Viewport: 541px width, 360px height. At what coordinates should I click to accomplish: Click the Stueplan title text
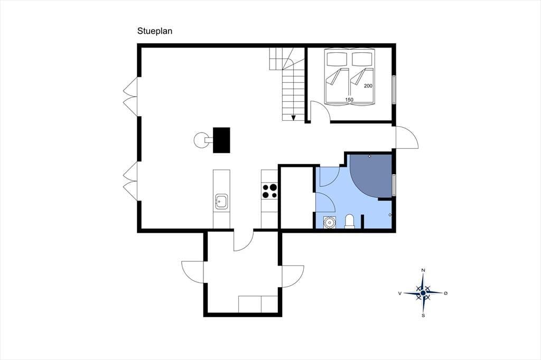[x=155, y=31]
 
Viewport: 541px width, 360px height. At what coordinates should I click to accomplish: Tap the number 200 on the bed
[x=368, y=86]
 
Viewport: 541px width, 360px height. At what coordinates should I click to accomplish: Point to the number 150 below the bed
[x=349, y=99]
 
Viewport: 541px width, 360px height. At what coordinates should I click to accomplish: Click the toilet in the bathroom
[x=349, y=221]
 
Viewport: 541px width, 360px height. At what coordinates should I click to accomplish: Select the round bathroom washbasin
[x=330, y=222]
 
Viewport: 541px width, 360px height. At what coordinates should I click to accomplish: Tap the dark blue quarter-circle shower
[x=371, y=174]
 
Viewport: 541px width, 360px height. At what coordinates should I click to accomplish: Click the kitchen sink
[x=221, y=201]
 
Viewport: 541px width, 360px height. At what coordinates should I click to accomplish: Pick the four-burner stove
[x=269, y=191]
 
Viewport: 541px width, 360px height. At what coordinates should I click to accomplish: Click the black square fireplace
[x=221, y=140]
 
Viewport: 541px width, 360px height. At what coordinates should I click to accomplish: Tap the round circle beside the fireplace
[x=201, y=140]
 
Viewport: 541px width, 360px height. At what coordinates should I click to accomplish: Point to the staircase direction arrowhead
[x=294, y=118]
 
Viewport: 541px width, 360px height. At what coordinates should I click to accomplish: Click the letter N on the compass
[x=423, y=270]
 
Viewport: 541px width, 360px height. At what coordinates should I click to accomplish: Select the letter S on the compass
[x=423, y=316]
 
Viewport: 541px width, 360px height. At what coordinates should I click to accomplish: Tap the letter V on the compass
[x=400, y=293]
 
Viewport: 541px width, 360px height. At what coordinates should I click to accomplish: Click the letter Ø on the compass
[x=446, y=293]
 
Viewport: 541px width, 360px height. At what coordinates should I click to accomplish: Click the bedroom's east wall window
[x=394, y=89]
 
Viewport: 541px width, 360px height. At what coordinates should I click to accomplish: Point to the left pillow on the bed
[x=337, y=58]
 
